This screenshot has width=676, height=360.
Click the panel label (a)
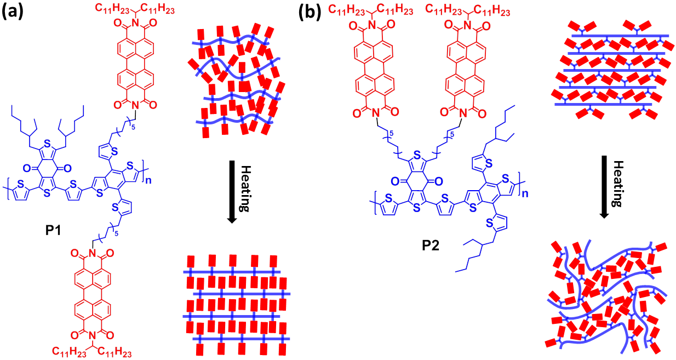(13, 12)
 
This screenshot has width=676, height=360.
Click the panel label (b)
(310, 12)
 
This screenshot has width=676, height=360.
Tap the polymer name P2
(431, 247)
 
